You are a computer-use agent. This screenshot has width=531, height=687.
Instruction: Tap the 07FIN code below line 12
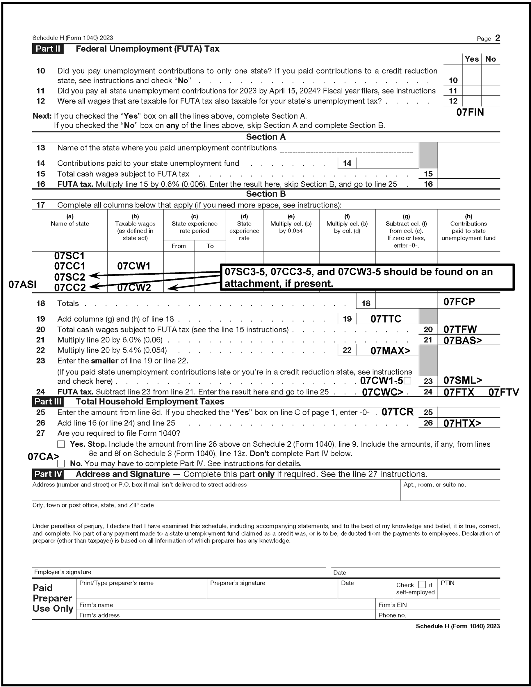(470, 112)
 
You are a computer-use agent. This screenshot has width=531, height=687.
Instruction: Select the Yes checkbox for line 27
(61, 444)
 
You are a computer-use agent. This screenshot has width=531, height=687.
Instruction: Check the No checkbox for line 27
(61, 463)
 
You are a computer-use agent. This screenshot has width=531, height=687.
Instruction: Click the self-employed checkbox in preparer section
(422, 584)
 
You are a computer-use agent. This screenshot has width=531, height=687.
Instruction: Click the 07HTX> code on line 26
(462, 423)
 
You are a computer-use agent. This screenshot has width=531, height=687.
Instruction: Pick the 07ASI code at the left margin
(22, 285)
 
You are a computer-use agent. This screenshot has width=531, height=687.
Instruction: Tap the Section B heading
(266, 194)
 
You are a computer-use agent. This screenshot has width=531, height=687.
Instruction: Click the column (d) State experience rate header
(244, 227)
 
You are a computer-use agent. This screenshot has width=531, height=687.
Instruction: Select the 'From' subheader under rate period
(179, 246)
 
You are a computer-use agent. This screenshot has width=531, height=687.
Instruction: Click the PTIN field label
(448, 583)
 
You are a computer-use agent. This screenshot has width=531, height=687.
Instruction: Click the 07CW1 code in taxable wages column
(134, 266)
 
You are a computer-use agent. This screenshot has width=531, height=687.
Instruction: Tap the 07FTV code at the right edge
(503, 392)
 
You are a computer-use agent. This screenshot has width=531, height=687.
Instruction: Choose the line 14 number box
(347, 163)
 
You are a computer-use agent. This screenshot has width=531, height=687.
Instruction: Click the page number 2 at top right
(497, 38)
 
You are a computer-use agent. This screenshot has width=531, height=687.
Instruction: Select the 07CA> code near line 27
(43, 457)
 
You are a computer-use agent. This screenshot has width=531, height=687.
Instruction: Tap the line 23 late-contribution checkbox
(407, 381)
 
